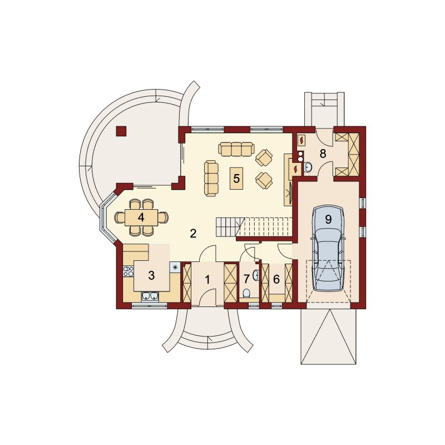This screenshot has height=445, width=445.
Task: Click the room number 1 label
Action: [207, 280]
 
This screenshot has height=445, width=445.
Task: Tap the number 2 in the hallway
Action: [193, 234]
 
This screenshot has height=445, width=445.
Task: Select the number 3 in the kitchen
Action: [151, 275]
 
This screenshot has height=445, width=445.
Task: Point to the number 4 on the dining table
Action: [141, 217]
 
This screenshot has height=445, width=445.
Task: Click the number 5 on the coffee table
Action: [236, 179]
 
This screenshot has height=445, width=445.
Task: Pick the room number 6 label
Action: [276, 279]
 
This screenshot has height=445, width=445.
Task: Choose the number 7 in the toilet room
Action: [246, 279]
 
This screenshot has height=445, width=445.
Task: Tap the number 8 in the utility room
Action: [323, 154]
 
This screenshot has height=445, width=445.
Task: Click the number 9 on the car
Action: [328, 219]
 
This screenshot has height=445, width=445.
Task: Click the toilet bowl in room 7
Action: [246, 293]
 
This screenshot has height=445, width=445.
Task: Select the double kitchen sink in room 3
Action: [150, 296]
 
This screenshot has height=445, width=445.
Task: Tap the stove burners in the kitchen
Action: [128, 271]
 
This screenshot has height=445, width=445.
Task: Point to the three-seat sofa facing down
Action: [235, 149]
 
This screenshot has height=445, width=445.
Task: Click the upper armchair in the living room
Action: [264, 158]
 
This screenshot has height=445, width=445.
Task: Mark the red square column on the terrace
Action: [121, 131]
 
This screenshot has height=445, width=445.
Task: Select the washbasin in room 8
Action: [308, 167]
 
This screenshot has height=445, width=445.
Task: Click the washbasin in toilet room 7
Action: [256, 275]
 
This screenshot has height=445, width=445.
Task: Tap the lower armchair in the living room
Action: [264, 180]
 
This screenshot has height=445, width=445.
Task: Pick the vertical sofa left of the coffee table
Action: [211, 178]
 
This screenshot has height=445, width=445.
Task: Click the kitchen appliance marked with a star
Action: [175, 267]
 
